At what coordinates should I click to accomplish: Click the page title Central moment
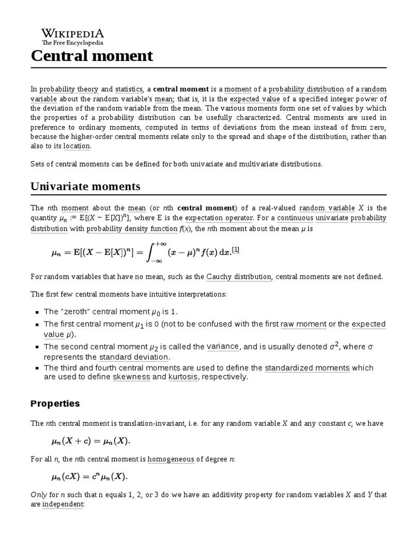pyautogui.click(x=92, y=55)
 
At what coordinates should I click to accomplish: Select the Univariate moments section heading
pyautogui.click(x=85, y=186)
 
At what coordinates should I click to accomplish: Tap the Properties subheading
pyautogui.click(x=55, y=403)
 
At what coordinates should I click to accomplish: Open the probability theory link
pyautogui.click(x=68, y=89)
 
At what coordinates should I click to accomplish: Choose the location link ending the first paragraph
pyautogui.click(x=77, y=146)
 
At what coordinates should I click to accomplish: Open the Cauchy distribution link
pyautogui.click(x=238, y=276)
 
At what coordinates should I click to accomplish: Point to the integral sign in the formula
pyautogui.click(x=158, y=252)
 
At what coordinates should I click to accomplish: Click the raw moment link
pyautogui.click(x=304, y=324)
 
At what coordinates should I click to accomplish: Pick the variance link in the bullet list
pyautogui.click(x=223, y=346)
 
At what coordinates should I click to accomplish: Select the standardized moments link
pyautogui.click(x=307, y=368)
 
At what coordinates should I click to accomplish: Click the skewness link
pyautogui.click(x=131, y=377)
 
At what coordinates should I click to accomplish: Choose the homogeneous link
pyautogui.click(x=170, y=459)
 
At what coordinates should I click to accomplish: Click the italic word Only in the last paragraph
pyautogui.click(x=39, y=495)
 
